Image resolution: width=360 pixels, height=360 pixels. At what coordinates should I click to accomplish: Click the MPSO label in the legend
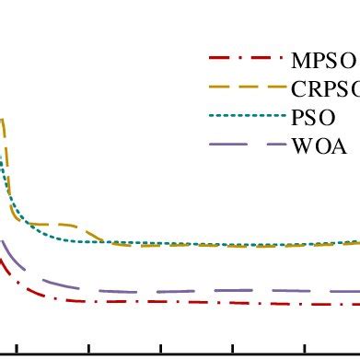(x=323, y=62)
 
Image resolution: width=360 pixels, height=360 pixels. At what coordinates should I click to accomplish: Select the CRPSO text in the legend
(x=325, y=89)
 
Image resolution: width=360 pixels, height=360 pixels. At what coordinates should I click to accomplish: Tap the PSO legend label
(x=313, y=117)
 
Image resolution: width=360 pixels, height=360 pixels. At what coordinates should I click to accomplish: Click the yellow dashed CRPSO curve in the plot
(x=230, y=246)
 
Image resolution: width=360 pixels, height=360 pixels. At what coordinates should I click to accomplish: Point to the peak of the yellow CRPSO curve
(x=3, y=121)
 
